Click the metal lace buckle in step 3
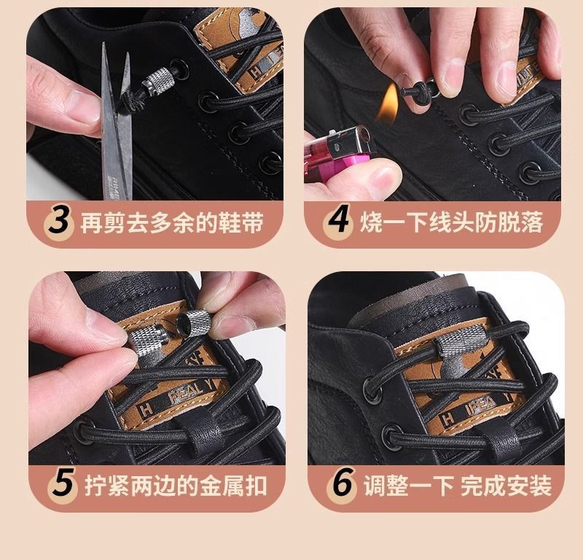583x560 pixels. [160, 82]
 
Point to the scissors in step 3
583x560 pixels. [117, 122]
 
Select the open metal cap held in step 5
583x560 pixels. [193, 322]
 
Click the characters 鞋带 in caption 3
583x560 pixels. [240, 222]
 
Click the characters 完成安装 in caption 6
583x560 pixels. [506, 485]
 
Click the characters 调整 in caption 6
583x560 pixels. [386, 485]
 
